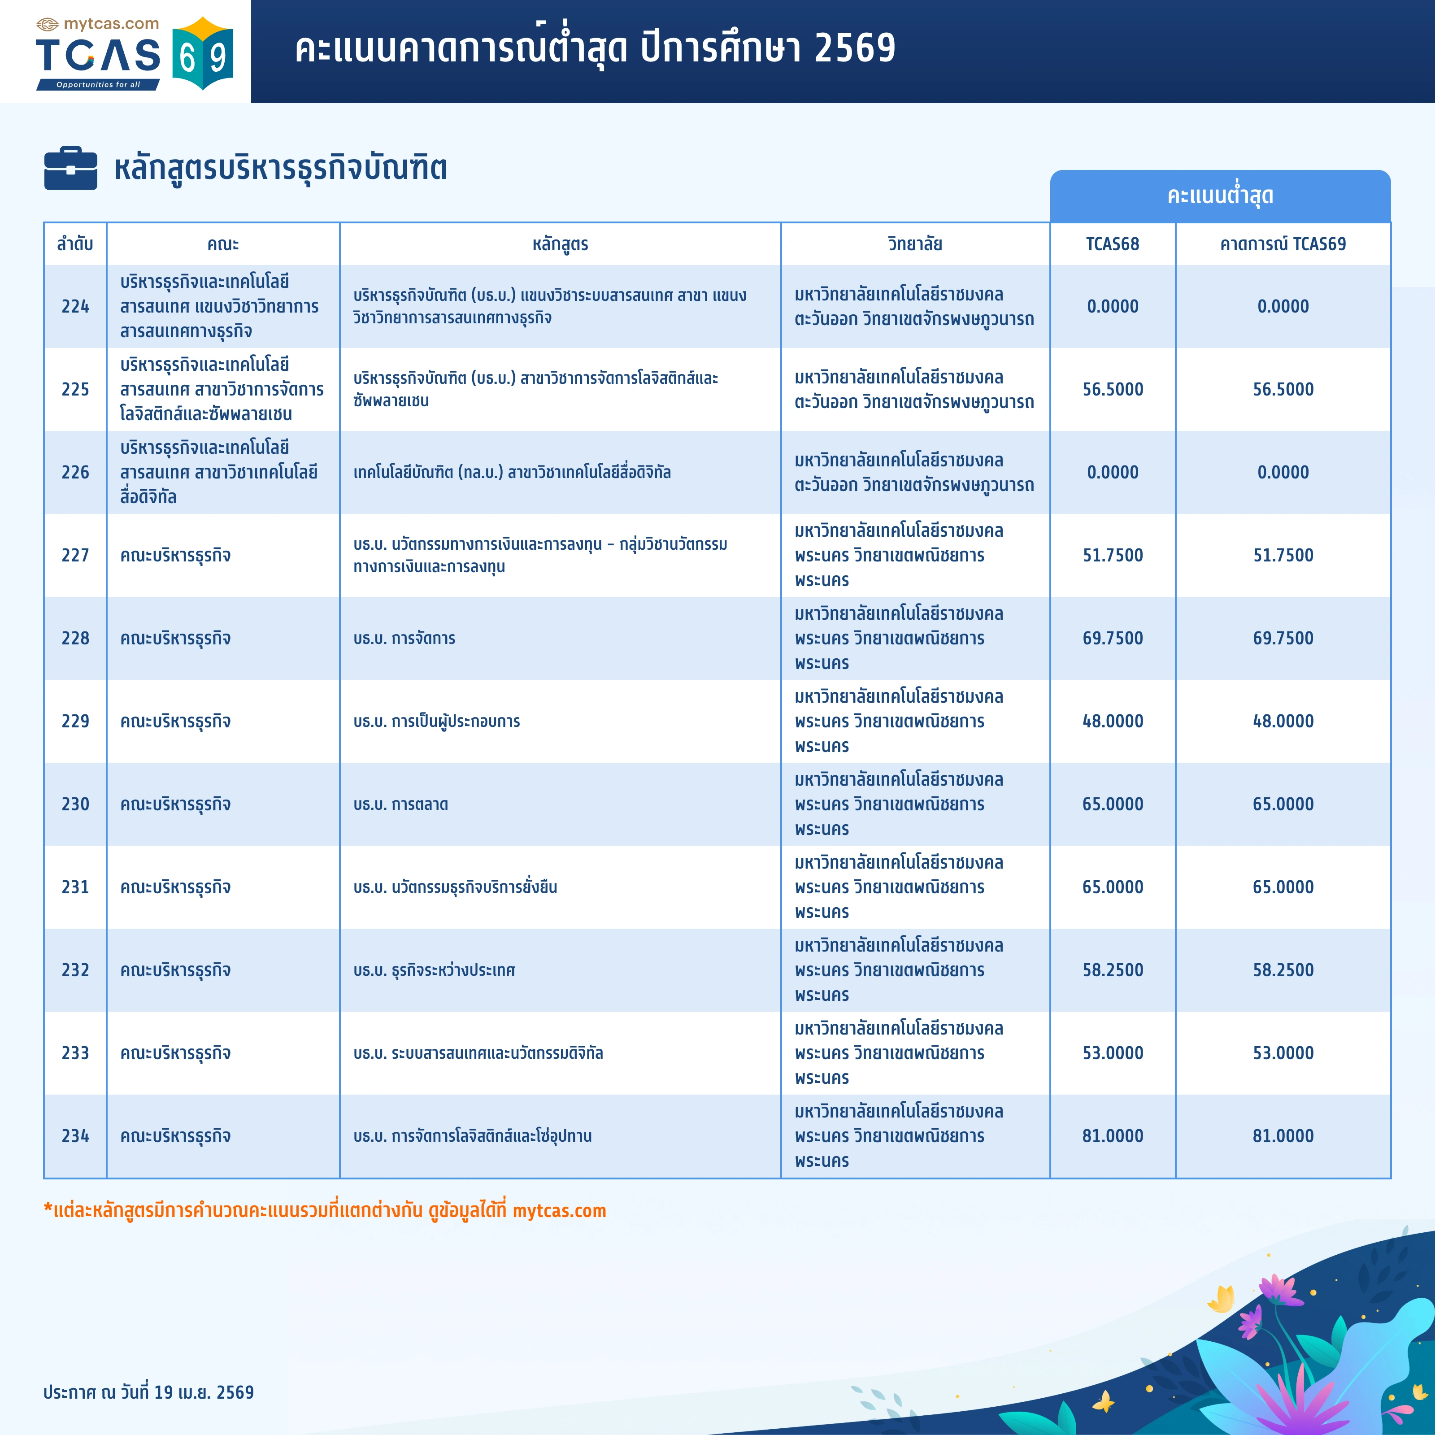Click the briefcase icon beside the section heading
coord(70,169)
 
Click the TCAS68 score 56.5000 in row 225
coord(1112,389)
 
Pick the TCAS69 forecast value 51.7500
coord(1283,556)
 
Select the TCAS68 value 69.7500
coord(1112,638)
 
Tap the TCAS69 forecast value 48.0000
coord(1283,721)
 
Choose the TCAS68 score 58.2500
coord(1112,970)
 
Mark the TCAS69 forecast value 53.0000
coord(1283,1053)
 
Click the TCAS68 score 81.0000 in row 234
coord(1112,1136)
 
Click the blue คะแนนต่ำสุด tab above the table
coord(1220,196)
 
